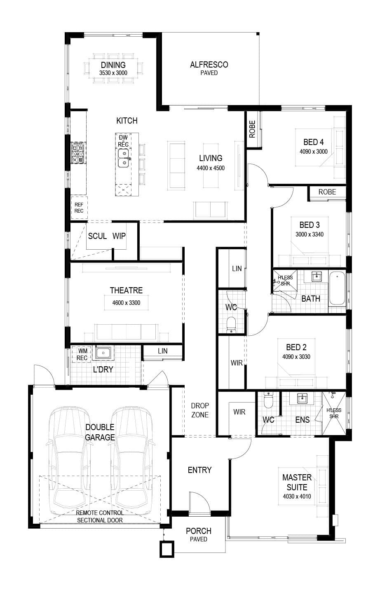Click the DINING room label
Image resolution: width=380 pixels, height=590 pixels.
click(113, 65)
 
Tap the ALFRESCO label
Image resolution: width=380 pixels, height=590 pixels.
click(209, 65)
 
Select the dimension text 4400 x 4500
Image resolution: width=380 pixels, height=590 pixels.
click(211, 168)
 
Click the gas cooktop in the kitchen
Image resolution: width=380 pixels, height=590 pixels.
click(78, 153)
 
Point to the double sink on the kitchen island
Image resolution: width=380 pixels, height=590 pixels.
click(123, 158)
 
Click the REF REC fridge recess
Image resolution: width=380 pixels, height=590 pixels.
click(79, 208)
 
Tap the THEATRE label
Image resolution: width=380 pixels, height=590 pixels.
click(126, 290)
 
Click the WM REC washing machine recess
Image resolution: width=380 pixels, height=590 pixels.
click(82, 354)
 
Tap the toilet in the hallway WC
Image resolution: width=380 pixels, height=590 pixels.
click(231, 325)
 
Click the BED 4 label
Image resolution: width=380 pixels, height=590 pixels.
click(313, 142)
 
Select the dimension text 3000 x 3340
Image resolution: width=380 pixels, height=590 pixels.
click(310, 234)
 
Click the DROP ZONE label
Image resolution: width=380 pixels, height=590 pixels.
click(200, 410)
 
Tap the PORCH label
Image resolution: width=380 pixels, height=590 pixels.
click(198, 531)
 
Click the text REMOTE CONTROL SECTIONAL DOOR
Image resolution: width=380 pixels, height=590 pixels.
click(100, 517)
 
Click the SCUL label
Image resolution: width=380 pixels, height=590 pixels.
click(97, 236)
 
